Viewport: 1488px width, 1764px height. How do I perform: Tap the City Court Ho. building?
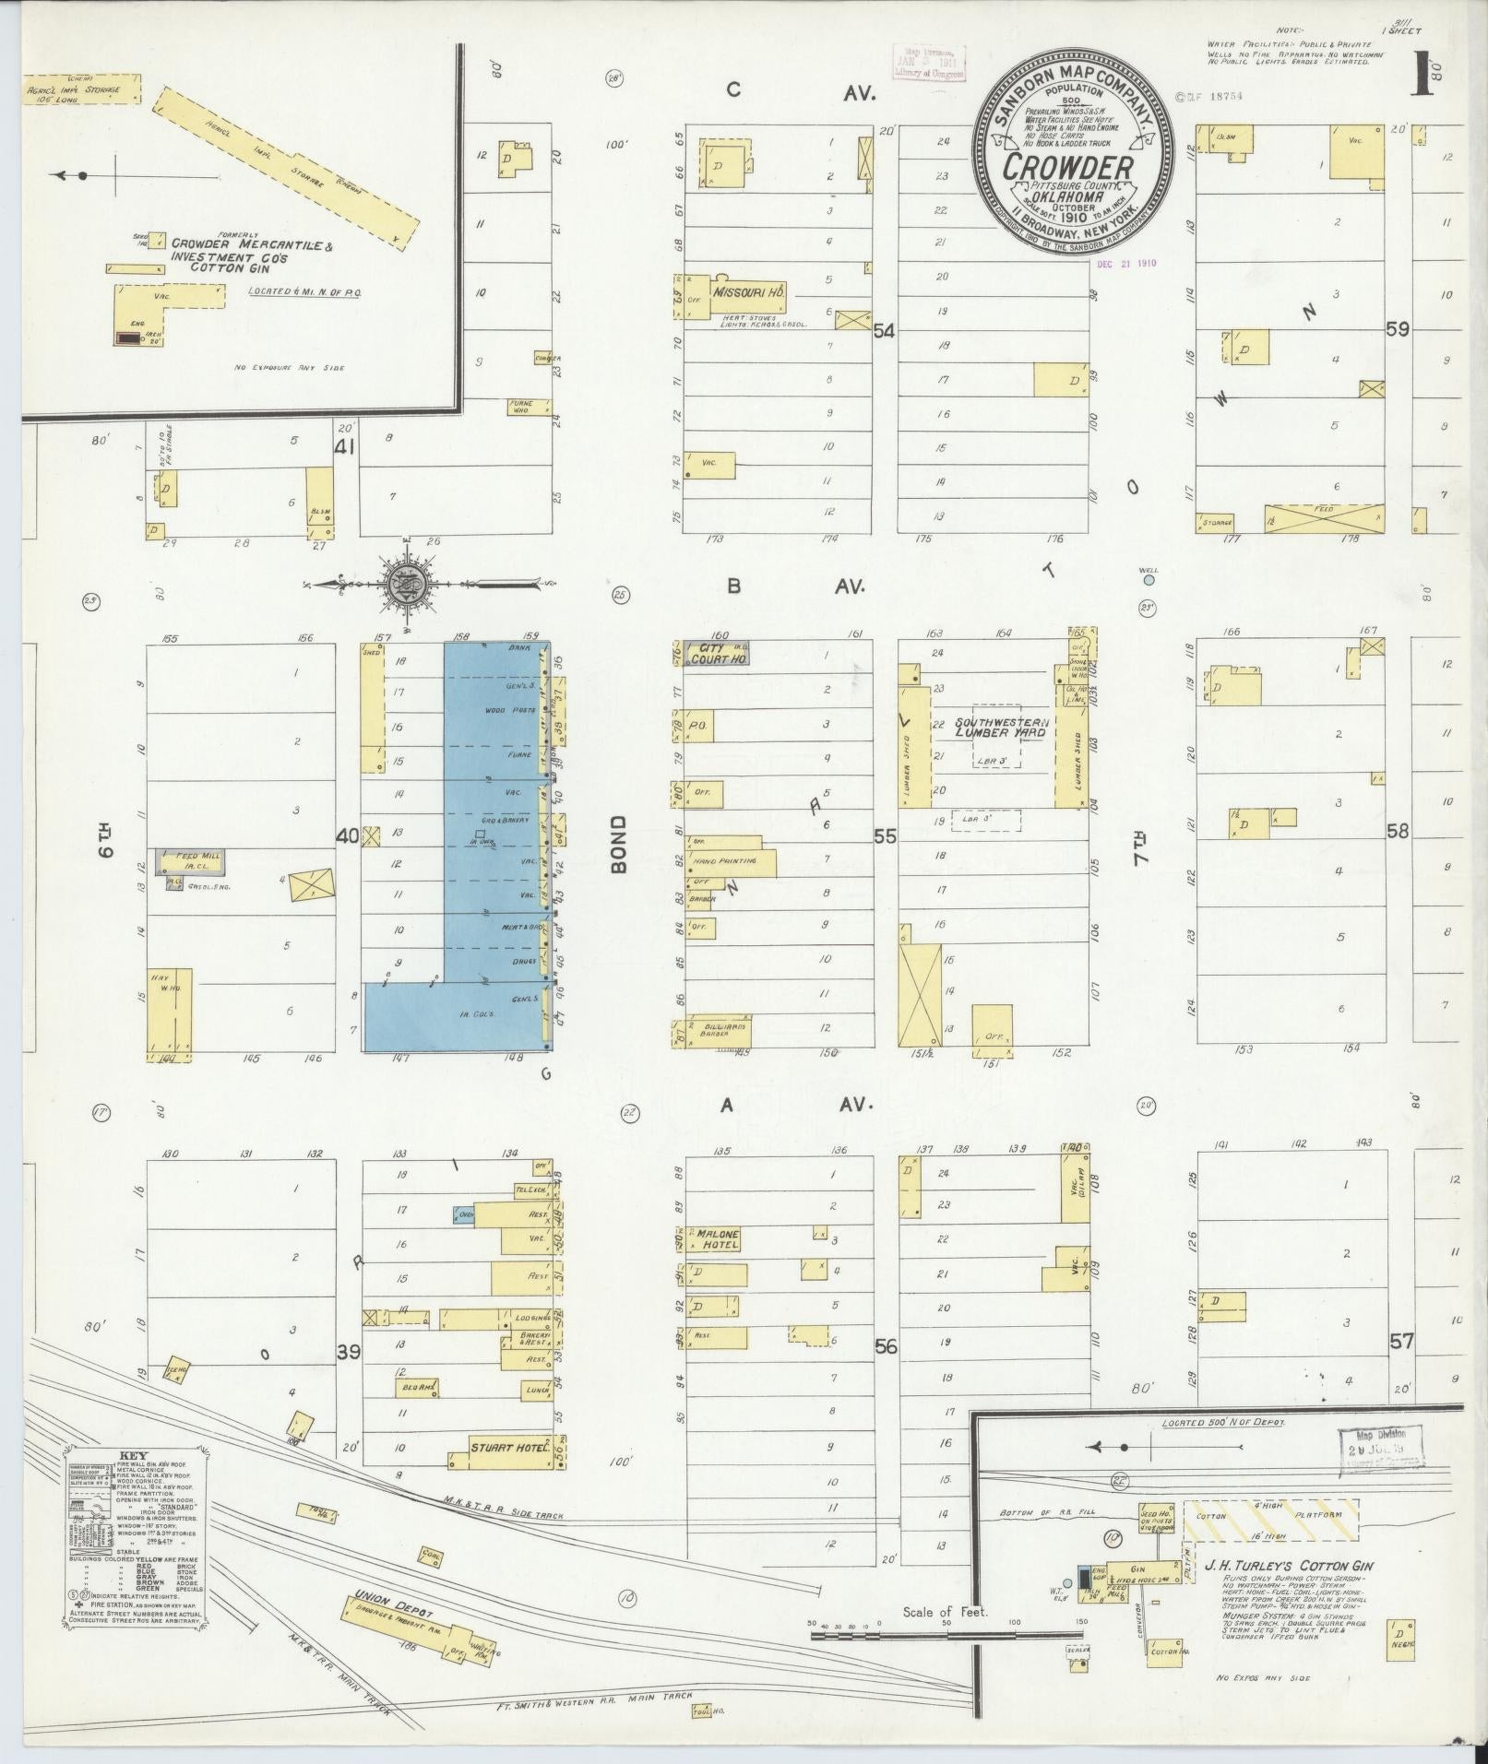(723, 654)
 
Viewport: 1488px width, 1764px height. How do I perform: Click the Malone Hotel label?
(719, 1238)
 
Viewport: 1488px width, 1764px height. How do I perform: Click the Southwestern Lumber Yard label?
(1002, 727)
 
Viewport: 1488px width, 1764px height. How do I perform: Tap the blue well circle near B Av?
(1149, 581)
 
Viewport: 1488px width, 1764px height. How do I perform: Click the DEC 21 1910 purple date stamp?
(1126, 262)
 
